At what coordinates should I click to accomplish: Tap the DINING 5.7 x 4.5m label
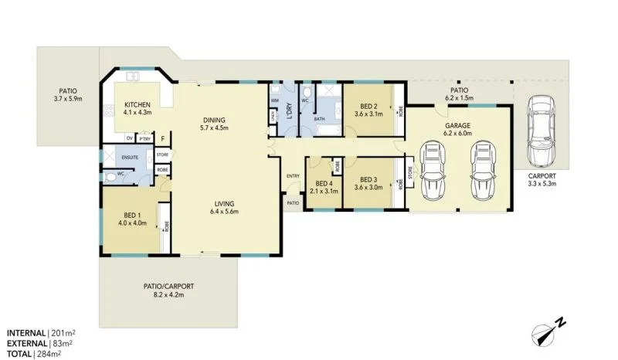point(214,124)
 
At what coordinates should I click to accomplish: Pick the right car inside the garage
point(483,172)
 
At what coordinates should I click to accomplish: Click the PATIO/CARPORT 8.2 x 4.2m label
point(168,290)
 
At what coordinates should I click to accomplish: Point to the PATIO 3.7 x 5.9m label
point(68,93)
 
